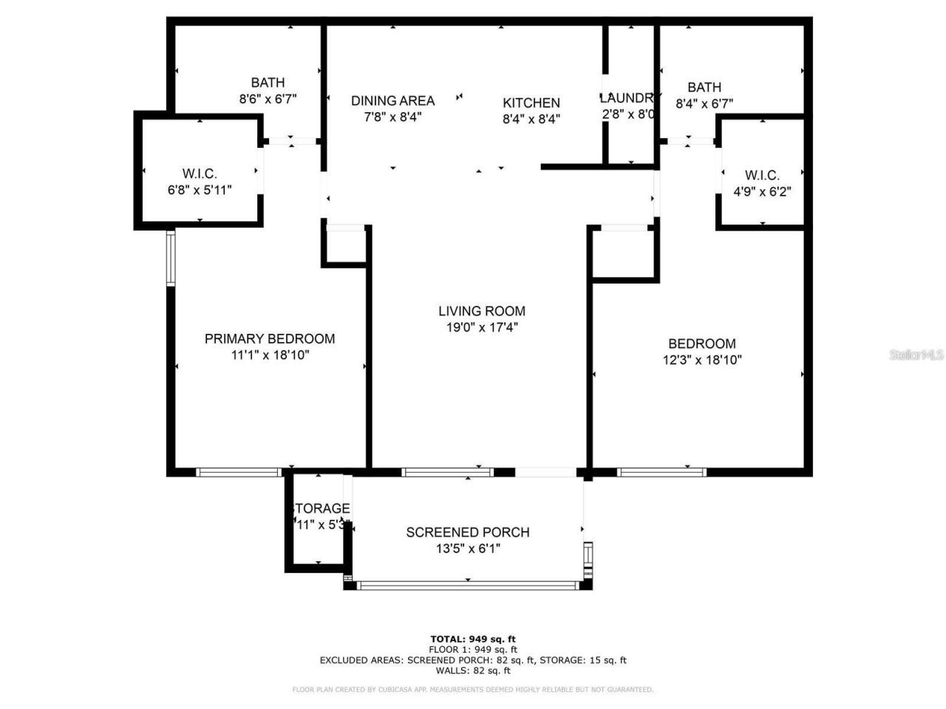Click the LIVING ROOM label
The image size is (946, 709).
click(481, 311)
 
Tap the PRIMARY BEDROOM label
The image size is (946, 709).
click(270, 339)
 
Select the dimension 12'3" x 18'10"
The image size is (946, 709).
click(702, 360)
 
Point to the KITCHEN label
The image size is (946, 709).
click(531, 103)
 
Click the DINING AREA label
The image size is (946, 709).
click(392, 100)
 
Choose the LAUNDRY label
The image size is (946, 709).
click(627, 98)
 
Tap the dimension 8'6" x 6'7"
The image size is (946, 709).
click(268, 98)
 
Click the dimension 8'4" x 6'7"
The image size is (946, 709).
click(704, 104)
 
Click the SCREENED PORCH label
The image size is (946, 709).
click(468, 532)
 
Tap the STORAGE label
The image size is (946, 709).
click(321, 509)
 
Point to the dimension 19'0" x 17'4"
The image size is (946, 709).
click(481, 328)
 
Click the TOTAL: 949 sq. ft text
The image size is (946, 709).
click(473, 639)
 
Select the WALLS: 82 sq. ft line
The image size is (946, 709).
click(473, 671)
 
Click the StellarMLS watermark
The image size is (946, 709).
click(916, 355)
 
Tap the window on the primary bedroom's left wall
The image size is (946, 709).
click(171, 258)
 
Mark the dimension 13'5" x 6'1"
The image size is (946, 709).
click(468, 549)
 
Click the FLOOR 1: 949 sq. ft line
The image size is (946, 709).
click(473, 649)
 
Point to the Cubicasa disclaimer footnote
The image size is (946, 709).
click(473, 690)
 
